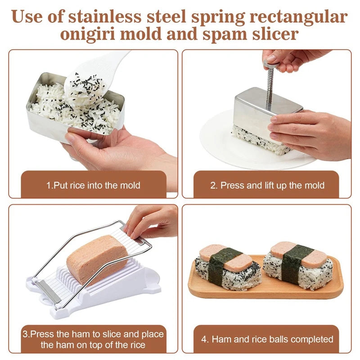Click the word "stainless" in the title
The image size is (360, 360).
tap(104, 17)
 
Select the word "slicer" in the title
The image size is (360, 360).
tap(275, 34)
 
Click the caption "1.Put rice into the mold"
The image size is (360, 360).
tap(93, 185)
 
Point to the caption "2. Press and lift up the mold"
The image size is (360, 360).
tap(267, 185)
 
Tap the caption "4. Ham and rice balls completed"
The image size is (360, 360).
tap(267, 339)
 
